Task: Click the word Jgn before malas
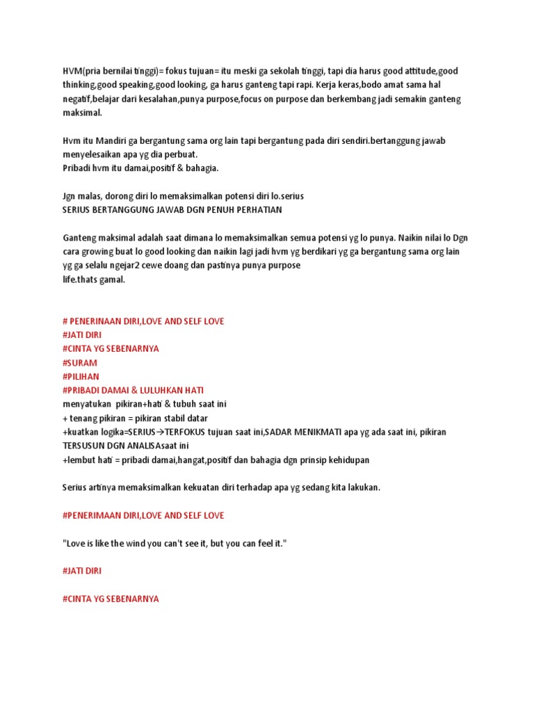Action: click(70, 196)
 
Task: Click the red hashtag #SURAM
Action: click(80, 363)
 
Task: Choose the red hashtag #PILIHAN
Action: click(81, 377)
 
